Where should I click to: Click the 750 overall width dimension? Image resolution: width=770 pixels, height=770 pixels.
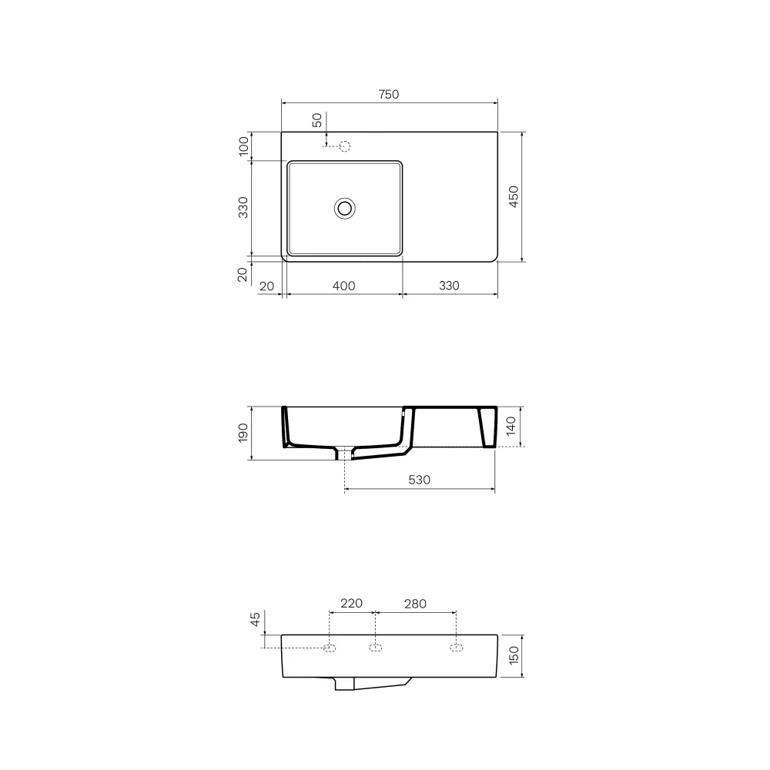(x=389, y=95)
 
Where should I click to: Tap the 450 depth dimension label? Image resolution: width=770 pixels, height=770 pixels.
(x=515, y=197)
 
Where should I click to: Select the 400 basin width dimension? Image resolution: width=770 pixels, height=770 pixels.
(x=343, y=286)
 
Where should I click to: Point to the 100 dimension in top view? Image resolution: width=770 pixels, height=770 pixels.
(x=244, y=146)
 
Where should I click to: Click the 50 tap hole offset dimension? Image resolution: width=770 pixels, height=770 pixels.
(x=316, y=120)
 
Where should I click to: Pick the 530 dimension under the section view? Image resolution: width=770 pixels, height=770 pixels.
(x=418, y=480)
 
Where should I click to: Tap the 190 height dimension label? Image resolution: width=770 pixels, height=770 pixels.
(x=243, y=433)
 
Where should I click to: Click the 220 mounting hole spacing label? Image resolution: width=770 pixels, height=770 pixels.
(x=351, y=604)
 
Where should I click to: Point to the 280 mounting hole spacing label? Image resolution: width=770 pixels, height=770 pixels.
(x=414, y=604)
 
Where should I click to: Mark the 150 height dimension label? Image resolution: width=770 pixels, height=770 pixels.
(x=514, y=656)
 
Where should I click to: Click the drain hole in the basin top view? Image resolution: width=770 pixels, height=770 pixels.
(x=344, y=207)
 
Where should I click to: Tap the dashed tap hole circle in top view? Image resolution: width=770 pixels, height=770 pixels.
(x=345, y=146)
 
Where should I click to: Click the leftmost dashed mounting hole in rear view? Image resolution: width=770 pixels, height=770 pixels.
(x=330, y=648)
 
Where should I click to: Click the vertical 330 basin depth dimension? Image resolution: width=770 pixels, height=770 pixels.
(x=243, y=208)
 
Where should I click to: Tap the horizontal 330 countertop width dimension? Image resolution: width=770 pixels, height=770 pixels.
(x=449, y=286)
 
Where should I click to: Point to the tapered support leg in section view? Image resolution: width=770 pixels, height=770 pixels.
(x=486, y=427)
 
